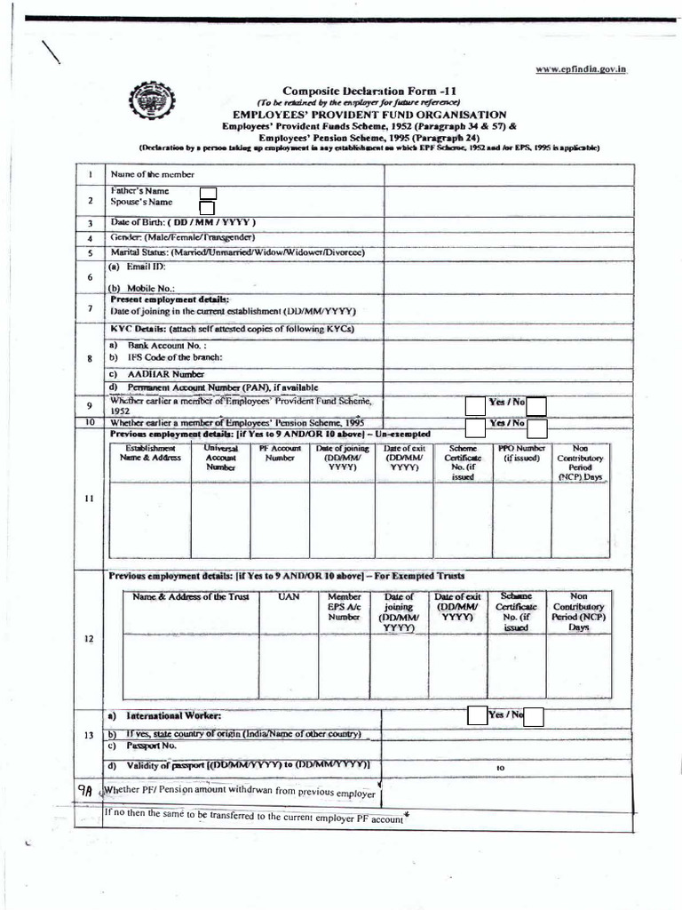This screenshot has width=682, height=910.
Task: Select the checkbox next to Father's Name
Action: click(x=208, y=194)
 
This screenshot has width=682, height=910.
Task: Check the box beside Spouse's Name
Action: click(x=208, y=209)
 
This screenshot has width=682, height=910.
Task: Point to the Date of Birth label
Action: click(x=183, y=222)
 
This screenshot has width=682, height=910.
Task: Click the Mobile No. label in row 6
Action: click(x=142, y=288)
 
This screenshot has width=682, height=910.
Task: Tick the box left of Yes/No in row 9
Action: click(x=476, y=406)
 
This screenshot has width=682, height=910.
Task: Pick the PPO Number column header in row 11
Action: click(x=521, y=453)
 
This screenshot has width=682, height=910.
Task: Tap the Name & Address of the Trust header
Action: click(x=190, y=597)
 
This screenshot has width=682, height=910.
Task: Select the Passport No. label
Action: click(x=146, y=748)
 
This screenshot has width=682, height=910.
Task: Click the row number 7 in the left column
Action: click(x=91, y=307)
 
